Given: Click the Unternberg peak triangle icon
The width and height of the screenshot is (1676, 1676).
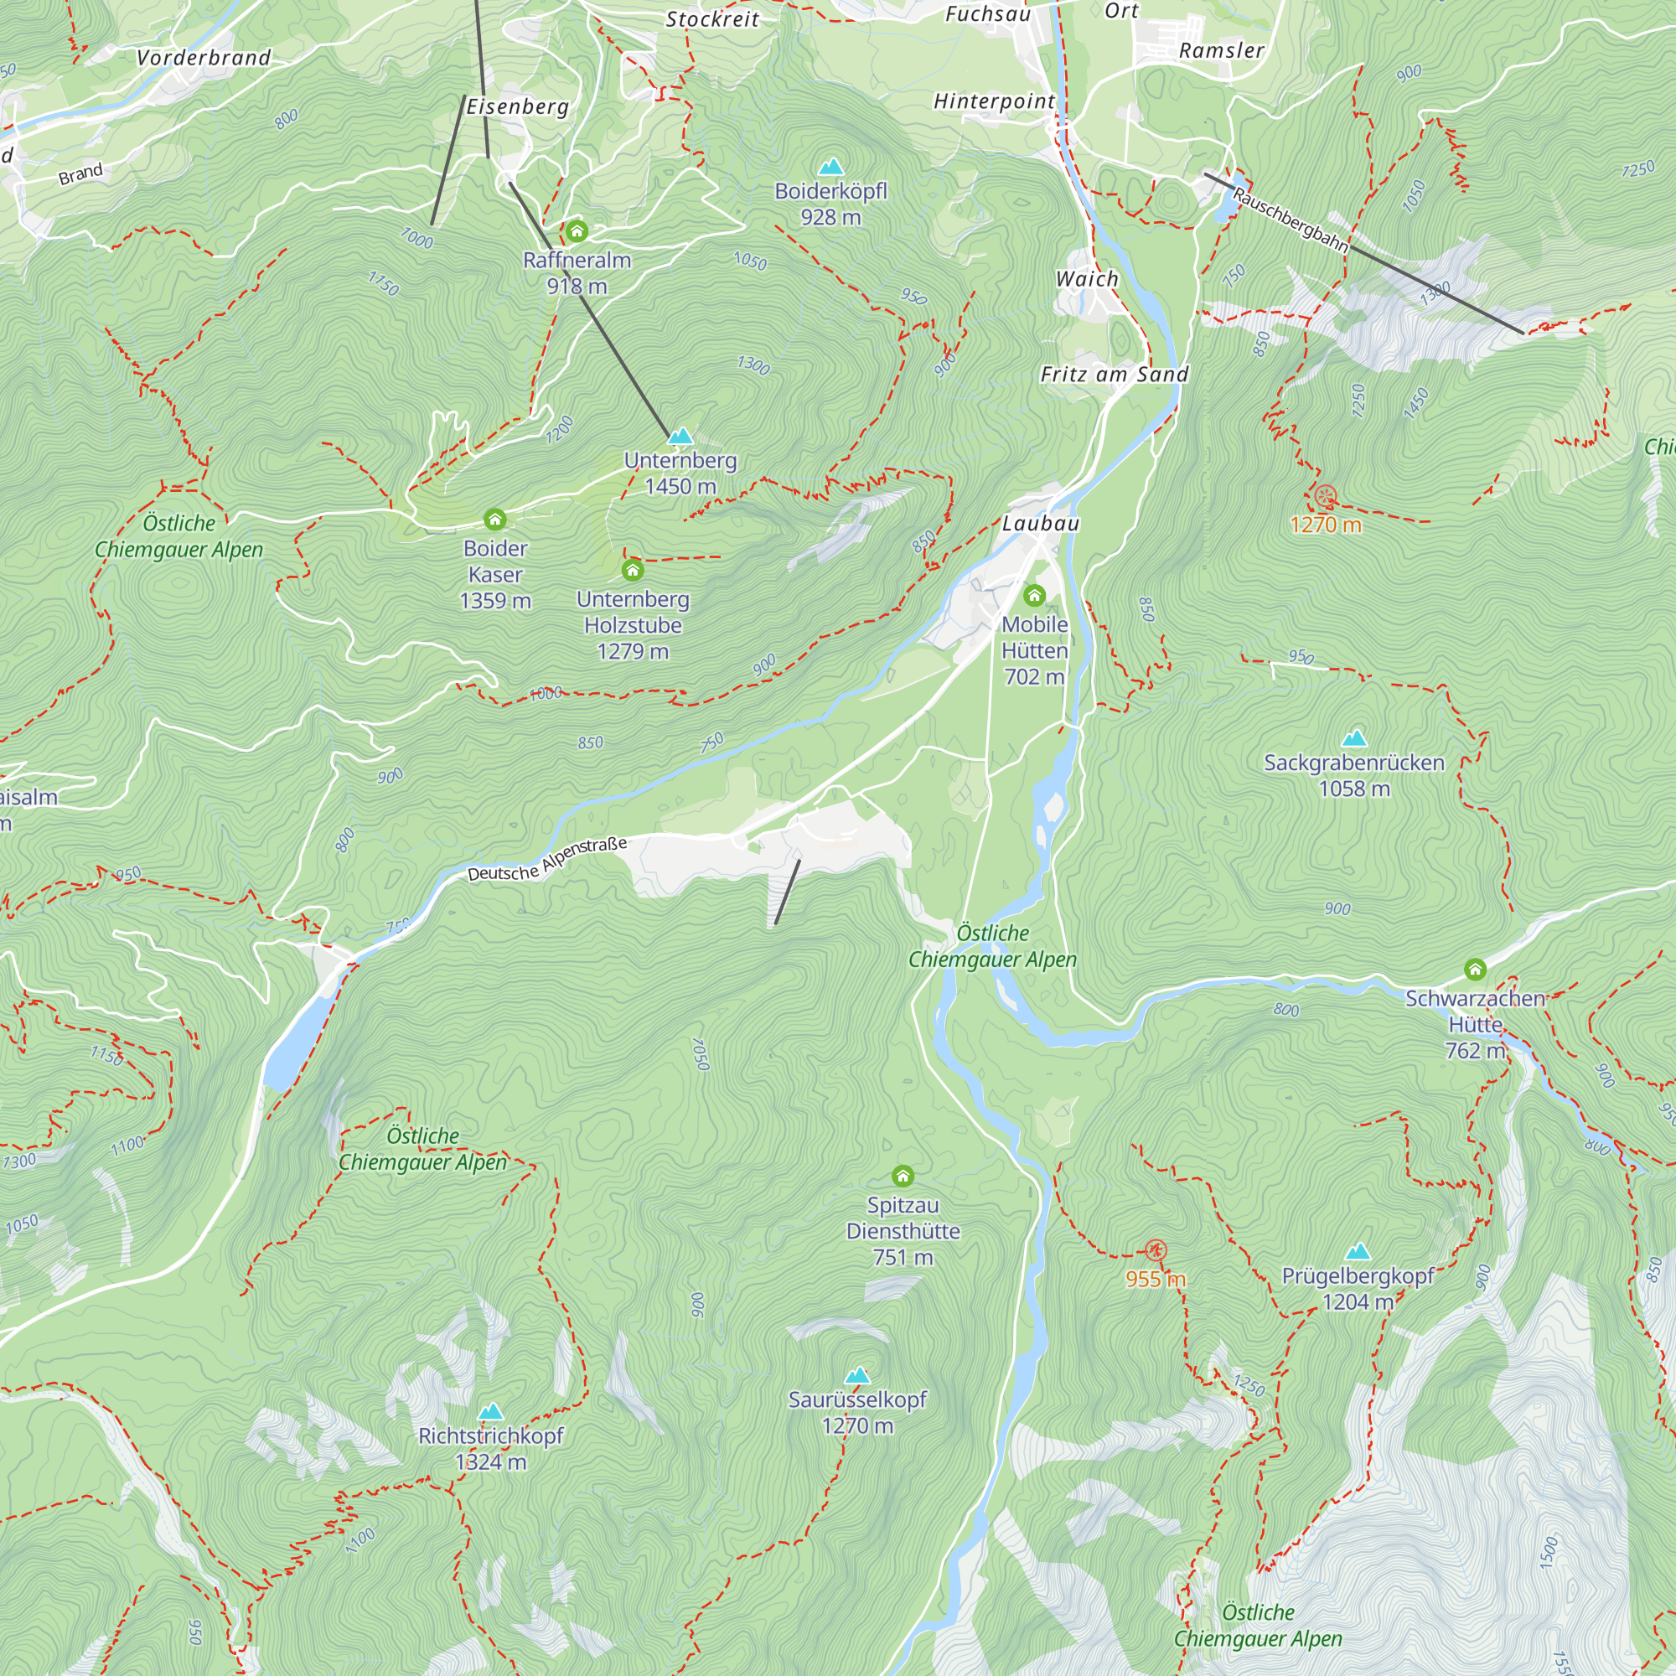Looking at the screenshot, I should (681, 436).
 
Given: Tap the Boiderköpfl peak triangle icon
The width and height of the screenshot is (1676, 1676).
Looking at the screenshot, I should (831, 166).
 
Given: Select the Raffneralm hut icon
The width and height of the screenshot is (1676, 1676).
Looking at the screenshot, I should (577, 231).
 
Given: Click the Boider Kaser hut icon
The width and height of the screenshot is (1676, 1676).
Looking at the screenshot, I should (494, 520).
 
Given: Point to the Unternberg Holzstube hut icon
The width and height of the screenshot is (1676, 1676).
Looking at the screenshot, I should (633, 570).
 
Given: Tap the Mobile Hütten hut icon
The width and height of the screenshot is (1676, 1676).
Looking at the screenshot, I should (1034, 595).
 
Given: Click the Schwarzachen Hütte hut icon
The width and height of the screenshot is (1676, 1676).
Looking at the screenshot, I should (1475, 969).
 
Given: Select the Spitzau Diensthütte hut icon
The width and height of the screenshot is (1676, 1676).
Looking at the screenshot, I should (903, 1177).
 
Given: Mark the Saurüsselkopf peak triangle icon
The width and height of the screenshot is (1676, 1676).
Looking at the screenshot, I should (857, 1375).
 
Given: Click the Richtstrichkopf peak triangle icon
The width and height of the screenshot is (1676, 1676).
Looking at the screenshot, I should (490, 1411).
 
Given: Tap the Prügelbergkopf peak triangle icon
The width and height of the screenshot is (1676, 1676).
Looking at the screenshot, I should (1358, 1252).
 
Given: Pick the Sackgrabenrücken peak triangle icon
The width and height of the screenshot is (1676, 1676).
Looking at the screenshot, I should (1353, 738).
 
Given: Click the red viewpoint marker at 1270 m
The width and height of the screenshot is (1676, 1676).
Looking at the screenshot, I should (1326, 497).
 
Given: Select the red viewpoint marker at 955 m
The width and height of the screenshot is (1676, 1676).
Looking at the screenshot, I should (1155, 1251).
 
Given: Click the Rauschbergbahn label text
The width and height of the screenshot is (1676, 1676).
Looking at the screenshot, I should (1290, 220).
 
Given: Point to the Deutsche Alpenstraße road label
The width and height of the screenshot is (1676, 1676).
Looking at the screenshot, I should (546, 860).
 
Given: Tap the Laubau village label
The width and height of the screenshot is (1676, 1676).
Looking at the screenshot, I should (1040, 523).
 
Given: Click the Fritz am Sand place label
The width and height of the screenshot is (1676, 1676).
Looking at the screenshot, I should (1114, 375).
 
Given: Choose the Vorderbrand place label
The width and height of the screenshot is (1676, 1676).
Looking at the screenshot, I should (204, 58).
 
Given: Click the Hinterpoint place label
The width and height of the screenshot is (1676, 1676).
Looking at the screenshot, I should (994, 101).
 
